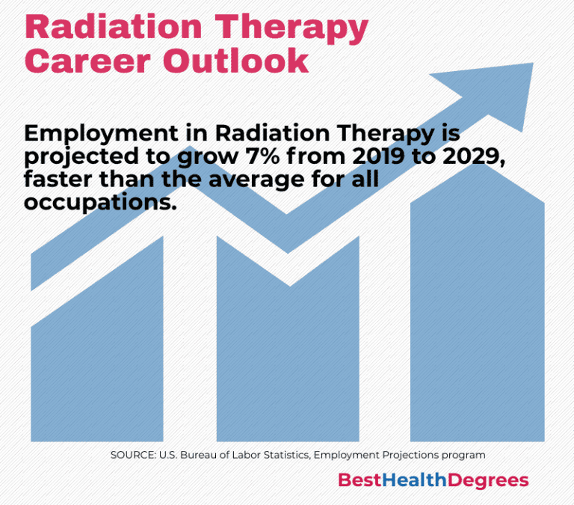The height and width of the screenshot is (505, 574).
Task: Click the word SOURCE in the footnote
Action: pos(132,454)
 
